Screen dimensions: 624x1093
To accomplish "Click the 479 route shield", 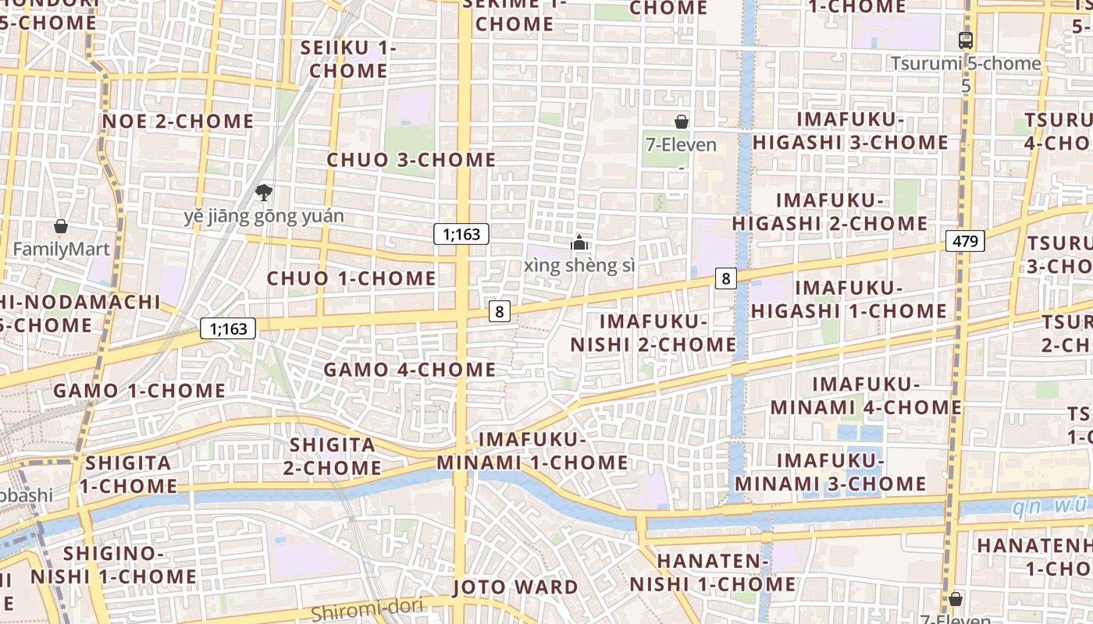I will (x=965, y=241).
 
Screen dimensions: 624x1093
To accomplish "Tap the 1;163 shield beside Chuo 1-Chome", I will (x=461, y=233).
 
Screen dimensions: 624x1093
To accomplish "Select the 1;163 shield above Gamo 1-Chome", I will (x=229, y=328).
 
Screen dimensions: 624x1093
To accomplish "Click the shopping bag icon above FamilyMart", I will (x=61, y=227).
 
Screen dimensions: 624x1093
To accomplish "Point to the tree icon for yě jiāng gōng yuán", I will (x=264, y=193).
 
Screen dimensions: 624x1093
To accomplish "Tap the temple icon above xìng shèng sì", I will (x=579, y=243).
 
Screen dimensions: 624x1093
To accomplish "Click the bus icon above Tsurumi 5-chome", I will (x=966, y=41).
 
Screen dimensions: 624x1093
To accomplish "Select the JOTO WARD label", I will (x=515, y=587).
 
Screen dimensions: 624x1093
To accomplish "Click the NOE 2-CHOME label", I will (x=178, y=121).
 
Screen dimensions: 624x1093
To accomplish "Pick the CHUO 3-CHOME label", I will (x=411, y=160).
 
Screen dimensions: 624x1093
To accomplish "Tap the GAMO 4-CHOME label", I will (x=410, y=369).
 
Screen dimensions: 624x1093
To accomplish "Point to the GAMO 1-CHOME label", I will (x=139, y=391).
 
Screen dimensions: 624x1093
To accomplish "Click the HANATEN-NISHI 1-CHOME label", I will (x=713, y=573).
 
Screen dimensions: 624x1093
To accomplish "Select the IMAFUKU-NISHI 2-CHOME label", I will (x=653, y=333).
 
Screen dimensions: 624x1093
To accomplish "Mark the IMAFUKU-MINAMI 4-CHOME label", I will (x=867, y=396).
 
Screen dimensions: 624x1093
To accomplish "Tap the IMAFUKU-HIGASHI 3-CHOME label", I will (x=850, y=131).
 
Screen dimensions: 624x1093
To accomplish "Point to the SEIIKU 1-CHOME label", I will (x=349, y=59).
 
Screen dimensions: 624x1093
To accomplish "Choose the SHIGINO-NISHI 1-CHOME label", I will (x=114, y=565).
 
